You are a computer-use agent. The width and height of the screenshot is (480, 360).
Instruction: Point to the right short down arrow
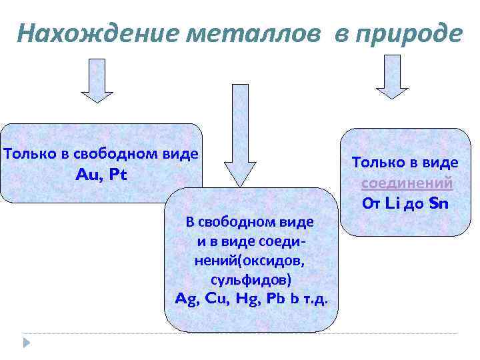tap(392, 77)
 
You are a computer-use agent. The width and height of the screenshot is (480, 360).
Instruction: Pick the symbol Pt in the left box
tap(117, 175)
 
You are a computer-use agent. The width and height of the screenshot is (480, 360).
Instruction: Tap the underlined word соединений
tap(407, 183)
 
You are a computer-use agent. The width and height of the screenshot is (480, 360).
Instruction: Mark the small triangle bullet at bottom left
tap(27, 343)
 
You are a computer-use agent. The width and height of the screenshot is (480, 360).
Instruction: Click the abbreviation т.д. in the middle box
tap(316, 298)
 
